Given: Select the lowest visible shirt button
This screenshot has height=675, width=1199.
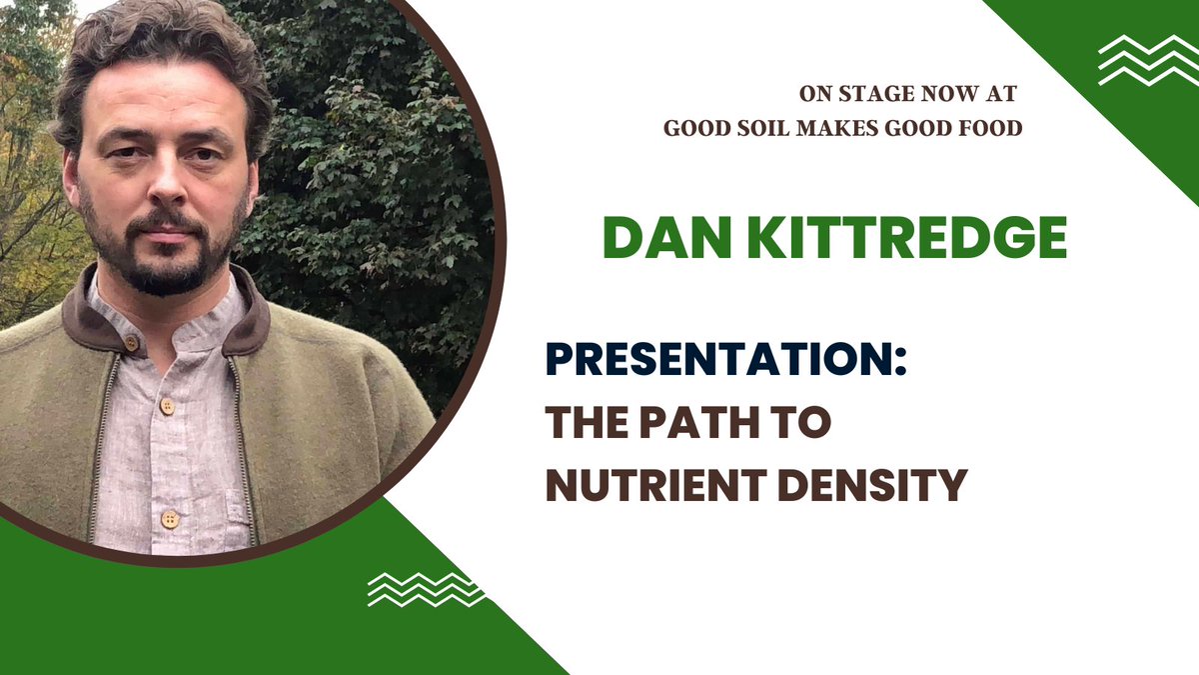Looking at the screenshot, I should (x=170, y=519).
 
